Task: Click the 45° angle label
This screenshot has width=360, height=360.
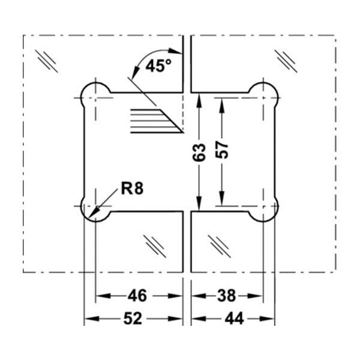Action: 158,65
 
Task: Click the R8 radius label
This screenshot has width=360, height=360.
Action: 132,189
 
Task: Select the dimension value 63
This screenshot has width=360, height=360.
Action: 199,152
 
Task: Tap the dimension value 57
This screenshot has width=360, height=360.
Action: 222,149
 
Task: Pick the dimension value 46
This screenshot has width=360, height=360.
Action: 137,296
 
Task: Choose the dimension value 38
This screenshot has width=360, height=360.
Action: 226,296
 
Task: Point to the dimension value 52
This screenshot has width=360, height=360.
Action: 133,319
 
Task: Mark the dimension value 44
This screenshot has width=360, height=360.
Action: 234,319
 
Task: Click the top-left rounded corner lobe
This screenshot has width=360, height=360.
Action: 83,92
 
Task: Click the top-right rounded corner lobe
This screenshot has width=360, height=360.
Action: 276,91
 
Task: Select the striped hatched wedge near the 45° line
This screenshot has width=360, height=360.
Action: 156,121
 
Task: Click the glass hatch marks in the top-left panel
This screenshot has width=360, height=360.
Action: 46,61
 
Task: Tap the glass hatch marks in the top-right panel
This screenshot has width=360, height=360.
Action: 286,61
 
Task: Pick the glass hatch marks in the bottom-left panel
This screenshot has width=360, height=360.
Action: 155,246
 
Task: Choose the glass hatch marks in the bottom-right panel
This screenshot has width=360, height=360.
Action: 220,246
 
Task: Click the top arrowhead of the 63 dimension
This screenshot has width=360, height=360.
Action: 199,100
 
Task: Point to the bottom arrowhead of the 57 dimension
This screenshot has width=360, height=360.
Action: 222,199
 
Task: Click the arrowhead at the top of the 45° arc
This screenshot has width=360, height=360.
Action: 175,51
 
